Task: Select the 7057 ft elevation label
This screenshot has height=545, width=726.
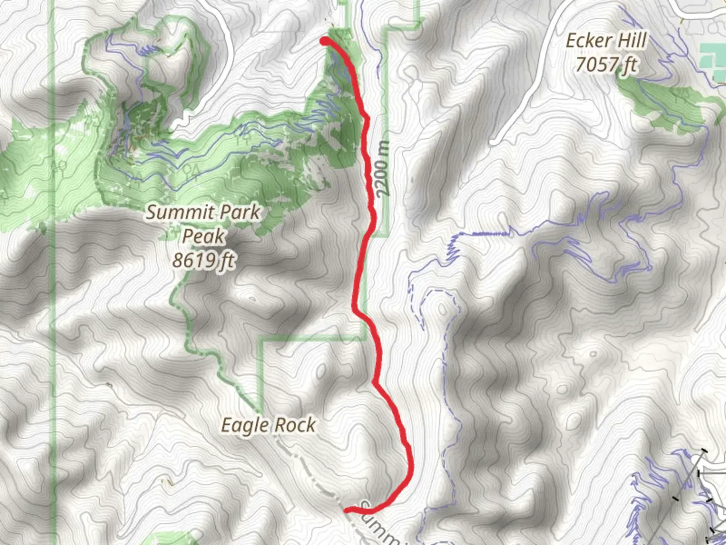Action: (606, 65)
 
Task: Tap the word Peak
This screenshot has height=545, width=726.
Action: (203, 236)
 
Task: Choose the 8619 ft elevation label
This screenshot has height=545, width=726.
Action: (203, 260)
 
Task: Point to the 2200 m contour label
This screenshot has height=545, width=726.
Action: (383, 169)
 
